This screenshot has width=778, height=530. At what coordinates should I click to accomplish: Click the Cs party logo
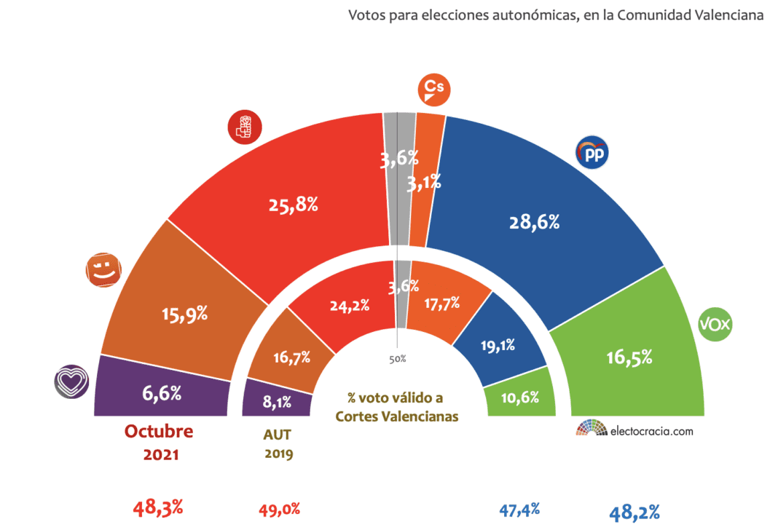point(433,90)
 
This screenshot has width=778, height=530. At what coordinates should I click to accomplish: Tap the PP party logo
point(592,153)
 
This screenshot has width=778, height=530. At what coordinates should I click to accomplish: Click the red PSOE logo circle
point(245,127)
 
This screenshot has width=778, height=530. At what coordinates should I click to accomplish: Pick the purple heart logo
point(71,381)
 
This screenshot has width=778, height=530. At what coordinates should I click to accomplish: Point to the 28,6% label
point(534,223)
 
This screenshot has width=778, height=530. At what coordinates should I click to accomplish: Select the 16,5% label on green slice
point(628,357)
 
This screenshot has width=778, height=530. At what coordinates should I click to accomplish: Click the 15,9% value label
point(184,315)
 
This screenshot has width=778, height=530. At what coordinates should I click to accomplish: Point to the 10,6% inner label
point(519,397)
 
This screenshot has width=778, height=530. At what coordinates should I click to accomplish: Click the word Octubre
point(159,431)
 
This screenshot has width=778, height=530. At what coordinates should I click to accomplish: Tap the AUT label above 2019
point(277,435)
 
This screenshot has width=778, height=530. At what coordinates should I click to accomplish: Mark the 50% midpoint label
point(397,359)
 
